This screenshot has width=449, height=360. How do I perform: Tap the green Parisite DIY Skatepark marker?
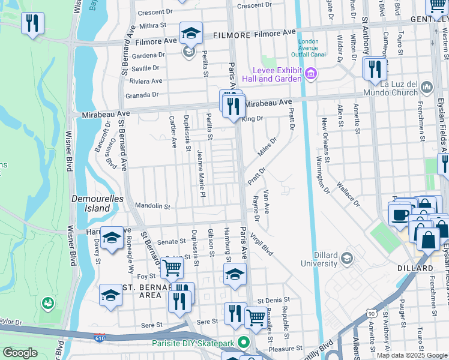click(243, 343)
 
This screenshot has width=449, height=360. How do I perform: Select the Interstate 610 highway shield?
click(100, 339)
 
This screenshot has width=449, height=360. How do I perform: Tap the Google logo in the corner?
click(20, 353)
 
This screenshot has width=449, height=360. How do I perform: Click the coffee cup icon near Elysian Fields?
click(399, 213)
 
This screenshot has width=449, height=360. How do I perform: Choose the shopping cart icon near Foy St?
click(172, 268)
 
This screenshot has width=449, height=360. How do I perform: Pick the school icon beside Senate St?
click(111, 238)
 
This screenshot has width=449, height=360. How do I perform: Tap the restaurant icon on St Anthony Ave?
click(373, 68)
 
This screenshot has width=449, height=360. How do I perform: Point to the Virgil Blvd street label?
click(262, 244)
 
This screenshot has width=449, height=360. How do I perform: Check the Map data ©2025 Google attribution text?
click(411, 355)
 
